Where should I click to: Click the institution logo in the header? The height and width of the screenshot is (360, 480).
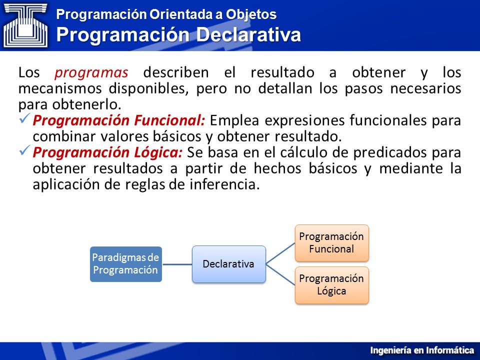(25, 25)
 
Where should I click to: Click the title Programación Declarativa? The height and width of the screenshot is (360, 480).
(178, 34)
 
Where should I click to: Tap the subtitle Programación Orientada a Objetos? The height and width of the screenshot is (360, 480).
(166, 14)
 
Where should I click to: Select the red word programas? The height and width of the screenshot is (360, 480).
(91, 73)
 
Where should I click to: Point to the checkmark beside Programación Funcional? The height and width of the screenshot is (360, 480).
(24, 118)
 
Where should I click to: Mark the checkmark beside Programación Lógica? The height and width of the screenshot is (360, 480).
(24, 150)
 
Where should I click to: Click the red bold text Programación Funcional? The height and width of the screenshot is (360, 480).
(119, 120)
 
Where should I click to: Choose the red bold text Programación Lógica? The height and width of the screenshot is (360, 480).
(107, 152)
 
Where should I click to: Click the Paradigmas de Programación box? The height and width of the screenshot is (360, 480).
(126, 264)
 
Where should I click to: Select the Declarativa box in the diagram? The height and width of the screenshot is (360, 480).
(228, 264)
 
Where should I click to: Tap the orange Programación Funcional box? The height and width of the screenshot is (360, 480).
(331, 243)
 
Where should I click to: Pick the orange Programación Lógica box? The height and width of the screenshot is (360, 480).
(331, 285)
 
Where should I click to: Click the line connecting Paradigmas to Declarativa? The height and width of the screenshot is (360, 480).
(177, 264)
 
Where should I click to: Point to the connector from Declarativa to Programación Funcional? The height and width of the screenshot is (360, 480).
(280, 253)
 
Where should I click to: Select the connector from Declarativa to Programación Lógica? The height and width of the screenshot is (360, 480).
(280, 274)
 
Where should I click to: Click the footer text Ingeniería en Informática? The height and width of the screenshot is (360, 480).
(422, 350)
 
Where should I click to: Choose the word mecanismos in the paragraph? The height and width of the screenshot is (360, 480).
(60, 89)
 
